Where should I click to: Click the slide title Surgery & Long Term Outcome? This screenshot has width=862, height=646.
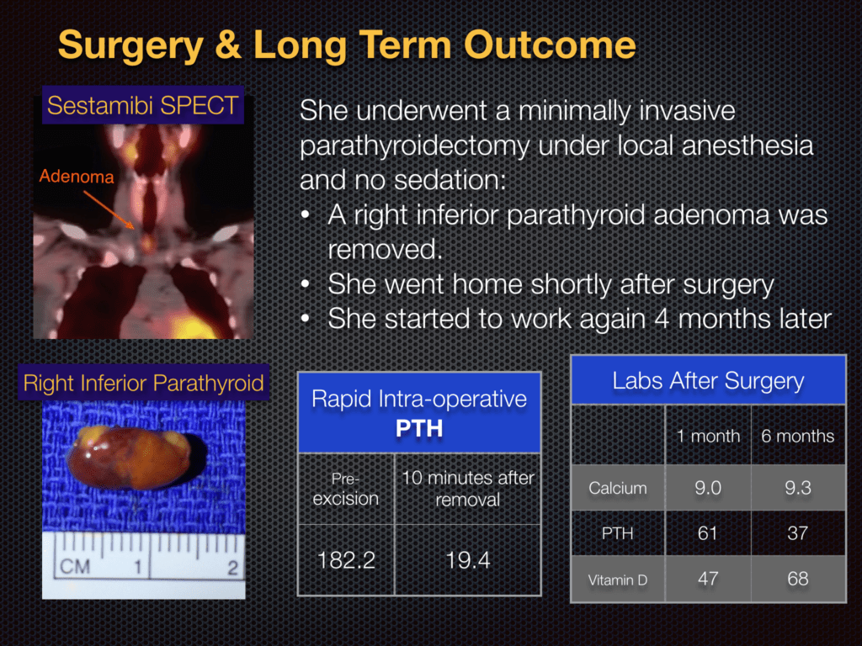tap(346, 45)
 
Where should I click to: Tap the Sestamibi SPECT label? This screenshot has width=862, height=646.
tap(143, 105)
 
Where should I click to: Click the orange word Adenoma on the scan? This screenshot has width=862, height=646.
tap(76, 177)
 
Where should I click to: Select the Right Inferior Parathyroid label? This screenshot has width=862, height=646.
tap(143, 384)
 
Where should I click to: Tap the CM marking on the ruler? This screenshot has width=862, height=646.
tap(74, 567)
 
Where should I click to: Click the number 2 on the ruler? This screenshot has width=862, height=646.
tap(231, 568)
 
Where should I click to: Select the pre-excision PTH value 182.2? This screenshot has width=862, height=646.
tap(346, 560)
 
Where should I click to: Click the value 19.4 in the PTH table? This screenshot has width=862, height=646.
tap(467, 560)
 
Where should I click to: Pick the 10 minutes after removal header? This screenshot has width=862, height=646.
tap(467, 489)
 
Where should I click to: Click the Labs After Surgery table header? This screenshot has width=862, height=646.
tap(708, 380)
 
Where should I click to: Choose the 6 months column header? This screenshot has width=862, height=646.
tap(797, 436)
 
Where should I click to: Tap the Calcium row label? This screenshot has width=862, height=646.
tap(617, 488)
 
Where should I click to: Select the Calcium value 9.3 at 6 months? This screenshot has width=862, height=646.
tap(797, 488)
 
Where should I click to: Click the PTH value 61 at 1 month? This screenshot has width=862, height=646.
tap(708, 533)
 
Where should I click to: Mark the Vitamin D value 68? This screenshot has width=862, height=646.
tap(797, 578)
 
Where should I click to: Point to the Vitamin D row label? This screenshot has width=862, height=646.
tap(617, 579)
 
